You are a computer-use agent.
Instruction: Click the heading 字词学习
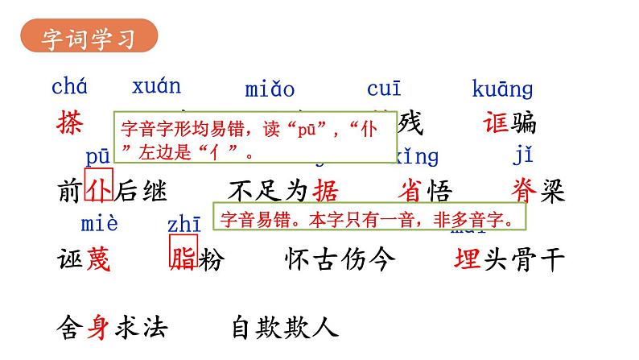click(89, 37)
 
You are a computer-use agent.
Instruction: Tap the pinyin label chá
click(70, 85)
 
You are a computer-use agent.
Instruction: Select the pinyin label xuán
click(157, 85)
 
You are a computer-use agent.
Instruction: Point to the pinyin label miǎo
click(270, 89)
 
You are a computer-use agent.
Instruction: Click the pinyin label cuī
click(384, 89)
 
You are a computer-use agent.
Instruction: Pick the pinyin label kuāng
click(502, 89)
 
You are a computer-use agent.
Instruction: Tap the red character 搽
click(71, 122)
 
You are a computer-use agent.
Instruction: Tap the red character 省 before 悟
click(413, 191)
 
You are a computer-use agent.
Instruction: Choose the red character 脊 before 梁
click(524, 191)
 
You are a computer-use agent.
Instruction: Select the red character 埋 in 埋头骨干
click(468, 259)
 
